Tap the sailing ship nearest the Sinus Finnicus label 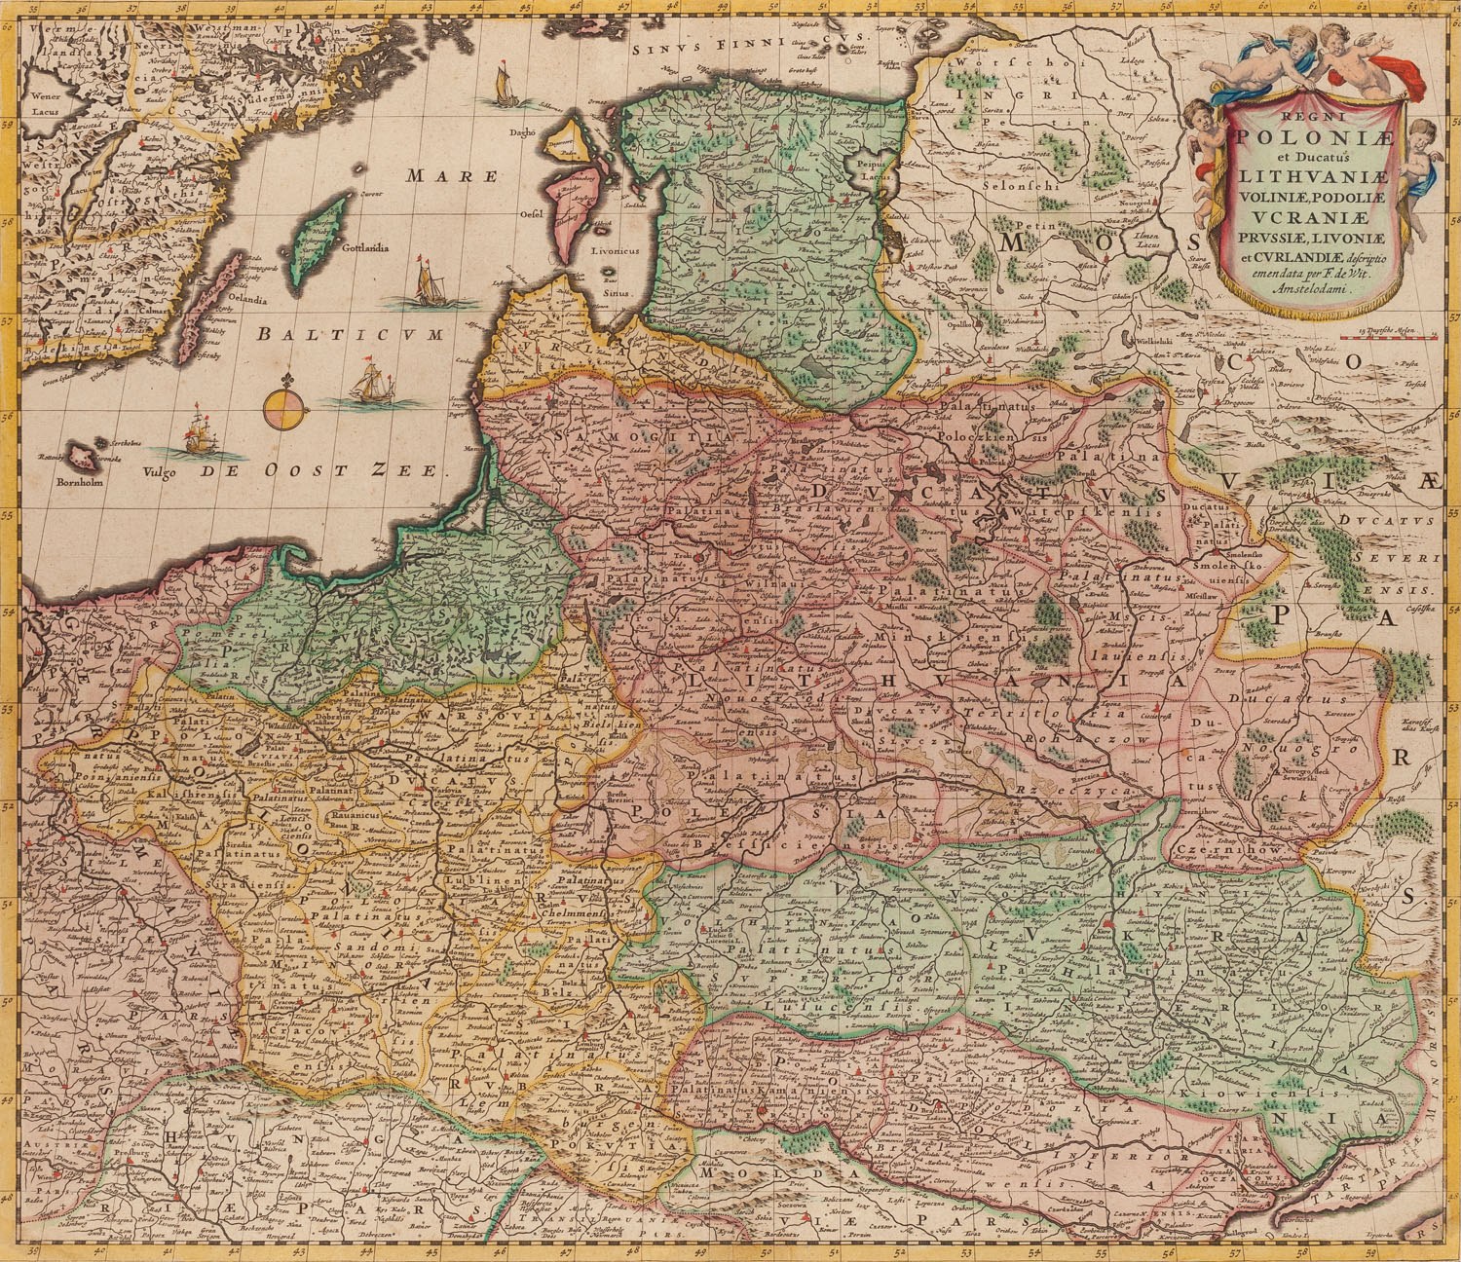coord(503,84)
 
